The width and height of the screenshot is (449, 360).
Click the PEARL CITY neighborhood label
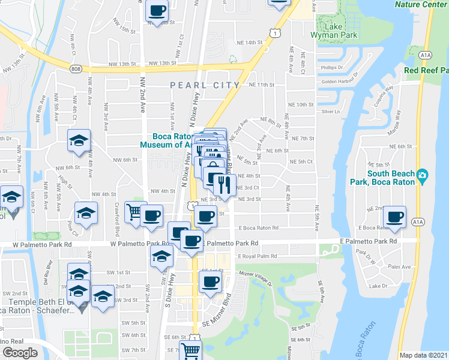point(205,85)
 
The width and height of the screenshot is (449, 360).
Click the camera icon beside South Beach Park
point(423,175)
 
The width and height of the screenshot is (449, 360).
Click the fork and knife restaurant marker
point(224,184)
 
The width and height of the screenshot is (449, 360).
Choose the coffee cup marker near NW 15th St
point(158,11)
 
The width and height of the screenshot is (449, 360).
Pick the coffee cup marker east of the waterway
point(394,217)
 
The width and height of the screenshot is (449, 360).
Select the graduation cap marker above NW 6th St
point(79,141)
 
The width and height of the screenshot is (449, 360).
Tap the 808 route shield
point(74,69)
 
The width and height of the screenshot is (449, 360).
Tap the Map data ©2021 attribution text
point(423,355)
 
